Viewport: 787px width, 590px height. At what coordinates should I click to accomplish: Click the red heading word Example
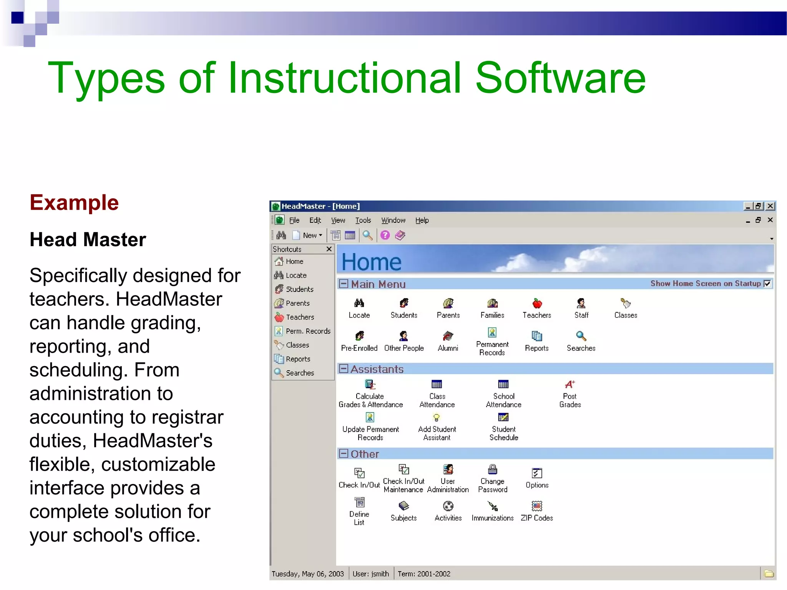coord(74,202)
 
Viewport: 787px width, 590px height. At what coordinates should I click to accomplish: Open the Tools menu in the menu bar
coord(363,220)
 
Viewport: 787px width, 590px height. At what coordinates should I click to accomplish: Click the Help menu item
coord(422,220)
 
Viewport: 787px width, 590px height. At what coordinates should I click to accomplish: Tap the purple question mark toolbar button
coord(385,235)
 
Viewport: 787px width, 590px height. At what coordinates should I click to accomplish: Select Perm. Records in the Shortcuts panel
coord(307,331)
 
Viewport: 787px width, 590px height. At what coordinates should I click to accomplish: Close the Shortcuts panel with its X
coord(329,249)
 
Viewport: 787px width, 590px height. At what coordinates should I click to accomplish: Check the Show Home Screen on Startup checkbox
coord(767,284)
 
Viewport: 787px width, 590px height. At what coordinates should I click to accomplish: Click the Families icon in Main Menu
coord(492,304)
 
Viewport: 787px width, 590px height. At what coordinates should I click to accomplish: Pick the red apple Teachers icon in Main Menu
coord(537,304)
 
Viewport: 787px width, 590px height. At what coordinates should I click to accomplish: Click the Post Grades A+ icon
coord(570,384)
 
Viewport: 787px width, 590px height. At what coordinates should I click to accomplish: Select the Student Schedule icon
coord(503,418)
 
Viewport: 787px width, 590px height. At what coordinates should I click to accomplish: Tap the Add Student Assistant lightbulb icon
coord(437,418)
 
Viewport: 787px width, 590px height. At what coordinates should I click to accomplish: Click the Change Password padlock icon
coord(492,469)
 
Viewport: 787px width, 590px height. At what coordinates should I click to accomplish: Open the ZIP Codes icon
coord(537,506)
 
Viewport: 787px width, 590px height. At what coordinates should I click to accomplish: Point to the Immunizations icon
coord(492,506)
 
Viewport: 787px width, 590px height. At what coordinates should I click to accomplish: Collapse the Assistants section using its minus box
coord(344,369)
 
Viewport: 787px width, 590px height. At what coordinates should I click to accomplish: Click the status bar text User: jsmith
coord(370,574)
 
